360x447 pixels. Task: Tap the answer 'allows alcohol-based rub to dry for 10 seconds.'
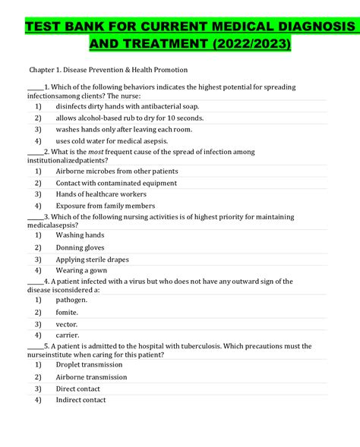tap(129, 118)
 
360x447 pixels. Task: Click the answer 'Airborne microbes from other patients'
tap(116, 172)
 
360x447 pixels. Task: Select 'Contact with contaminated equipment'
tap(116, 183)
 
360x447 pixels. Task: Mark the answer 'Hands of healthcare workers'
tap(101, 194)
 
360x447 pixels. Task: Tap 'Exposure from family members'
tap(105, 206)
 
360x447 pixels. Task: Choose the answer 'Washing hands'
tap(80, 235)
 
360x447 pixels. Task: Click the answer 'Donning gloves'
tap(80, 247)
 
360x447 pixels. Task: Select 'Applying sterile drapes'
tap(92, 260)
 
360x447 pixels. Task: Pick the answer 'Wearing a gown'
tap(81, 270)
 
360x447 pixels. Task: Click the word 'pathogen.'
tap(71, 300)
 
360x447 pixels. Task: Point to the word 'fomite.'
tap(67, 312)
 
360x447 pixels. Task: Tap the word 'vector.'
tap(67, 323)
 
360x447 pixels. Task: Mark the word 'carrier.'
tap(68, 335)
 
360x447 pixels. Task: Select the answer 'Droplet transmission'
tap(89, 365)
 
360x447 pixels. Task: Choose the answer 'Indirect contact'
tap(81, 400)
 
